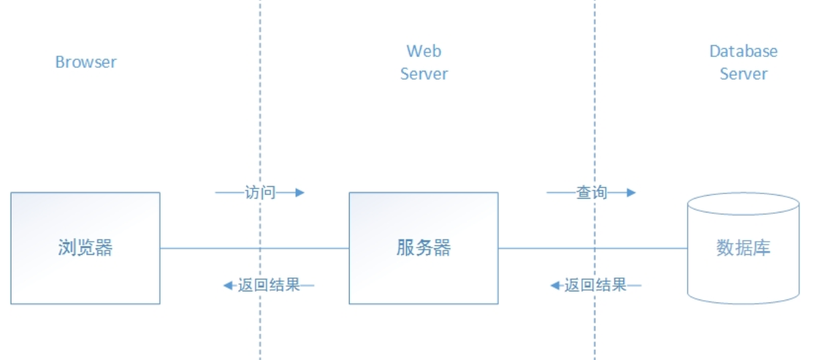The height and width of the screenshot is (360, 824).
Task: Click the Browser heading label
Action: [85, 62]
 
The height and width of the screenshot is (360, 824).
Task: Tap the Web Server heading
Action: [424, 63]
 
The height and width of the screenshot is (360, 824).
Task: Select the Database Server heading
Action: [744, 63]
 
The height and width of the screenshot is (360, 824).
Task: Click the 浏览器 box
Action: [85, 248]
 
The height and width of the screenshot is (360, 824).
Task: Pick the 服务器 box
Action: [424, 248]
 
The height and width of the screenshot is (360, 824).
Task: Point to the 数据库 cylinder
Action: [744, 248]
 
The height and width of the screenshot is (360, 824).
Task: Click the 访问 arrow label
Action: [260, 193]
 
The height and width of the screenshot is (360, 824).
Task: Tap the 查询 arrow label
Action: [592, 193]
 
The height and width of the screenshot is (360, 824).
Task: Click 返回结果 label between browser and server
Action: [269, 285]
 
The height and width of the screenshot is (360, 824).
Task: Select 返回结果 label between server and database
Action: [596, 285]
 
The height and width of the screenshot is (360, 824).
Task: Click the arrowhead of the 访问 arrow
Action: [299, 193]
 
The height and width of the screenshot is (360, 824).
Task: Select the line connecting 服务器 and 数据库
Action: [541, 248]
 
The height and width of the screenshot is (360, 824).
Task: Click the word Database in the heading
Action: [744, 52]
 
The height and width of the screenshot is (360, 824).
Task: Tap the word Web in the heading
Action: [424, 52]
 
